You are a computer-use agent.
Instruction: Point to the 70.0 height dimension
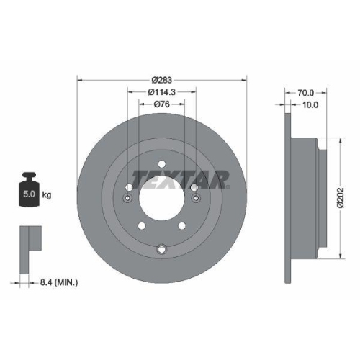[307, 92]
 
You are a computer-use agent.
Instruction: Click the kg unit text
[46, 194]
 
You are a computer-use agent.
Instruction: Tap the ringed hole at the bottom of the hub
[161, 250]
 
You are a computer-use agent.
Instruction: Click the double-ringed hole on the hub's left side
[128, 189]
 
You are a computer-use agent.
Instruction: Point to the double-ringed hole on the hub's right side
[194, 189]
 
